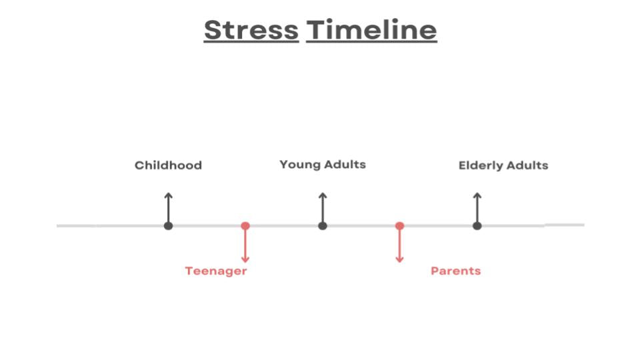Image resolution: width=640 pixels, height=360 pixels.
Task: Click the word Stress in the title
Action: coord(251,30)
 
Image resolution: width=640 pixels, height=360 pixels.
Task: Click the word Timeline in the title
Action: coord(371,30)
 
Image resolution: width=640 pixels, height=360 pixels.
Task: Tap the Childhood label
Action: coord(168,165)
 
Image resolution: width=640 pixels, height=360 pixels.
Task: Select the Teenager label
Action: coord(216,271)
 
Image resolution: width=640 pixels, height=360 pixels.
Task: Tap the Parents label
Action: coord(455,271)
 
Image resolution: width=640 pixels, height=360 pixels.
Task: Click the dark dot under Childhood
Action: coord(168,226)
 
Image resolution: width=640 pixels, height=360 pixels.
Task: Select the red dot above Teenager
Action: coord(245,226)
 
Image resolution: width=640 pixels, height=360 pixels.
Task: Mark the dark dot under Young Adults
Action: coord(323,226)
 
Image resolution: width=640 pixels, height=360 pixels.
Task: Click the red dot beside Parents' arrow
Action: coord(399,226)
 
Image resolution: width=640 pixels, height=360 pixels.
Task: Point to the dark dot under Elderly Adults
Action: coord(477,226)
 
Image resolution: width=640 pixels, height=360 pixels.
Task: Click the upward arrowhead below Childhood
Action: coord(168,195)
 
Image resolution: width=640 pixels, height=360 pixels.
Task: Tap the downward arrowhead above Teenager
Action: coord(245,259)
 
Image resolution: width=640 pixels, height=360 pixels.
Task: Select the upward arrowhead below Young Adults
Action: coord(323,195)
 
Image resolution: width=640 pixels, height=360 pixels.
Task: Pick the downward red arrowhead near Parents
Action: coord(399,259)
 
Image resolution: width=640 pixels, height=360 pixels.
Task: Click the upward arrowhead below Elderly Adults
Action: coord(477,195)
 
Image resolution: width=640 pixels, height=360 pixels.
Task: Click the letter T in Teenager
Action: coord(189,271)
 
